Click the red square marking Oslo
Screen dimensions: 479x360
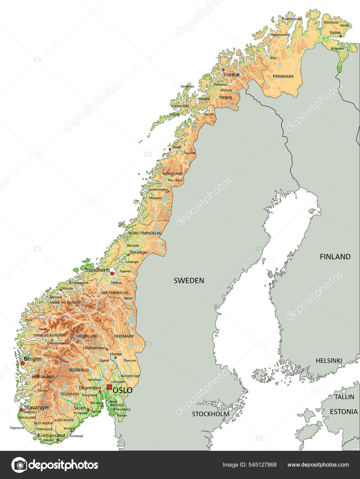(x=109, y=387)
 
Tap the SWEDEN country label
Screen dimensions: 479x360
(x=189, y=280)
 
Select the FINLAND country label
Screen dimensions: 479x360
(x=335, y=257)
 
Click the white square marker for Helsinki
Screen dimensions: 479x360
(x=340, y=365)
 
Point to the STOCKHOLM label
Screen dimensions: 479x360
(x=210, y=414)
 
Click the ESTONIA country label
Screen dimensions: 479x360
(x=343, y=412)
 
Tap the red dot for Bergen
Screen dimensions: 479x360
(x=22, y=363)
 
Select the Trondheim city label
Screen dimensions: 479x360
(x=97, y=270)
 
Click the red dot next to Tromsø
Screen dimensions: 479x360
(x=223, y=70)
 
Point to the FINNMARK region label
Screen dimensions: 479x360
(x=283, y=76)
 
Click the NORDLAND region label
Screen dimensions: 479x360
(x=173, y=174)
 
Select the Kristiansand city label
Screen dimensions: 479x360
(x=51, y=435)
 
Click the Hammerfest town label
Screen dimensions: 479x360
(x=281, y=35)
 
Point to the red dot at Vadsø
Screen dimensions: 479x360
(x=340, y=36)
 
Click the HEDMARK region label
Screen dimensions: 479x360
(x=124, y=336)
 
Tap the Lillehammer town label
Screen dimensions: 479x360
(x=94, y=348)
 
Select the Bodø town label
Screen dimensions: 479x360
(x=177, y=147)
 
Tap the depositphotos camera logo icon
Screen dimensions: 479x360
(x=19, y=465)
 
